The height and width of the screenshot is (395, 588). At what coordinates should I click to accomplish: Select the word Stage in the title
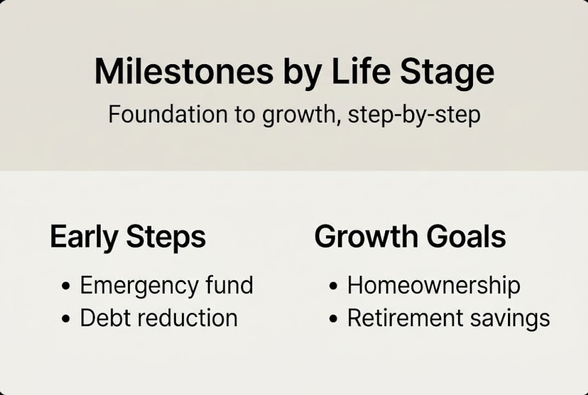[x=447, y=71]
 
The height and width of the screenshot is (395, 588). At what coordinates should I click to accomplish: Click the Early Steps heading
[x=128, y=237]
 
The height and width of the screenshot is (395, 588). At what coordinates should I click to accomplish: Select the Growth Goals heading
[x=410, y=236]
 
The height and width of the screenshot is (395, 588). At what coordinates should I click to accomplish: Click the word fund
[x=230, y=285]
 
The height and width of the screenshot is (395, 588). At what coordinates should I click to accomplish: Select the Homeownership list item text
[x=433, y=286]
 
